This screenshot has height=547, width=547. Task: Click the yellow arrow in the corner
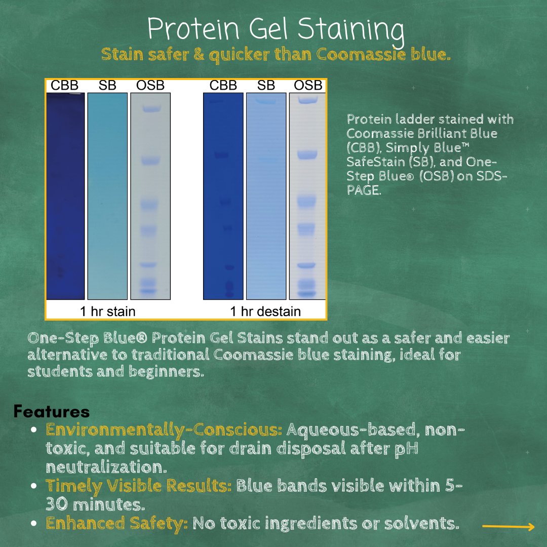coord(508,527)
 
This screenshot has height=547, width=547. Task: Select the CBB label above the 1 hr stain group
coord(64,86)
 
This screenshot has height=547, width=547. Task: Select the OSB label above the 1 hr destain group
coord(308,86)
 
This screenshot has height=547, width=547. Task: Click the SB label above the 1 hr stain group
coord(107,86)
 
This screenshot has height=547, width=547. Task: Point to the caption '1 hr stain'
coord(107,311)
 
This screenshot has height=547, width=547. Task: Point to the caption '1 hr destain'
coord(265,311)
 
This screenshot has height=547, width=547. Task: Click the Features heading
coord(52,411)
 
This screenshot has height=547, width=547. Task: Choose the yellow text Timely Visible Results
coord(138,486)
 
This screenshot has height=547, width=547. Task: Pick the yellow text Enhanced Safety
coord(116,523)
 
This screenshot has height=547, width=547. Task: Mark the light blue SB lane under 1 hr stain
coord(107,198)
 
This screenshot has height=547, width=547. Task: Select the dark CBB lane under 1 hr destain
coord(222,198)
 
